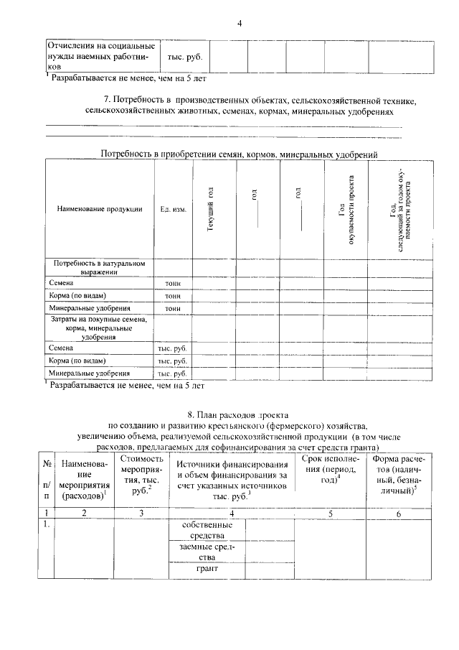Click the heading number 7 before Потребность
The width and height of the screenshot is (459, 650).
[x=107, y=99]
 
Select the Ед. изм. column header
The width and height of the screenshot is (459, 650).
[x=173, y=209]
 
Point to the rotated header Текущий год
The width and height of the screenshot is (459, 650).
[x=211, y=208]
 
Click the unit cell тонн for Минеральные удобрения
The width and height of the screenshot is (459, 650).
[x=173, y=308]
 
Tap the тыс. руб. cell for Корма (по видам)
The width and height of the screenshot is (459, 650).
[x=173, y=361]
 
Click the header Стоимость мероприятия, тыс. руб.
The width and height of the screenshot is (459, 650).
[x=141, y=474]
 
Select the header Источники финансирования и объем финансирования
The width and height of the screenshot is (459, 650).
[x=232, y=475]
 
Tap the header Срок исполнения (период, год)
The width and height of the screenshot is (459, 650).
[x=330, y=470]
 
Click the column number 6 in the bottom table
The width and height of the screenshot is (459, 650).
[x=399, y=513]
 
